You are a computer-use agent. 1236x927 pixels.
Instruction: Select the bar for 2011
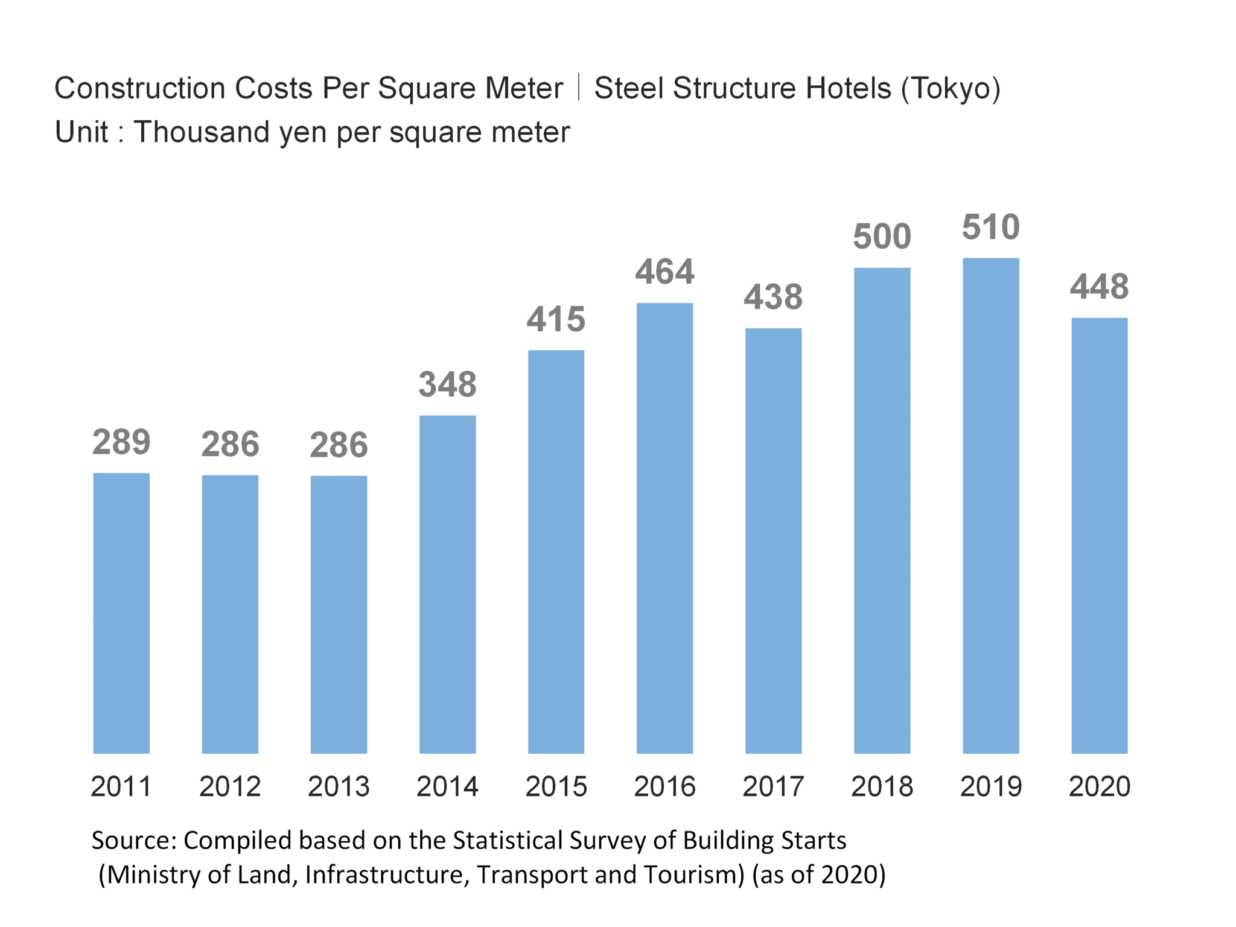(x=121, y=613)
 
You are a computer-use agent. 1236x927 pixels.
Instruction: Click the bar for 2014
(x=447, y=584)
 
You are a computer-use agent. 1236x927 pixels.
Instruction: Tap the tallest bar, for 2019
(x=990, y=506)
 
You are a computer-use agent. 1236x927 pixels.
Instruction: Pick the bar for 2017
(x=773, y=541)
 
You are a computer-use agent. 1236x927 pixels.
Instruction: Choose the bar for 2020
(x=1099, y=535)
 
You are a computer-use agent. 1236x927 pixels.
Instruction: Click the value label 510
(x=990, y=227)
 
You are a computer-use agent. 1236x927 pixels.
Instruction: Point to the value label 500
(x=882, y=236)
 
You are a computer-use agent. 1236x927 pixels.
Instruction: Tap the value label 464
(x=664, y=272)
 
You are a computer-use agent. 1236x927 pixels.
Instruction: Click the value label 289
(x=121, y=442)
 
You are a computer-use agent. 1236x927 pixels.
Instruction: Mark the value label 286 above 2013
(x=339, y=445)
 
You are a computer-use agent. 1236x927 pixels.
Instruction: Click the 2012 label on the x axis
(x=230, y=786)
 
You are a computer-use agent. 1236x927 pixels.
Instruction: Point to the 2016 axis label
(x=664, y=786)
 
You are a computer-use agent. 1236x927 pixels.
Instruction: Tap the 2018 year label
(x=882, y=786)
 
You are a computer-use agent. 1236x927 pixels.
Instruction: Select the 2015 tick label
(x=556, y=786)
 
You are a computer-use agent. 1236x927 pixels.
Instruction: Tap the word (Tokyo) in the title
(x=951, y=89)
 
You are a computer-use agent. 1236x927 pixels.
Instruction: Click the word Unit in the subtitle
(x=81, y=132)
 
